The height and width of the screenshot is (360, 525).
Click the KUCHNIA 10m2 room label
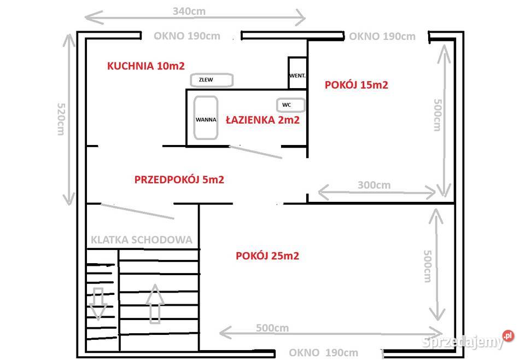[x=138, y=66]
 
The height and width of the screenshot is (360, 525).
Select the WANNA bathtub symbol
[x=206, y=119]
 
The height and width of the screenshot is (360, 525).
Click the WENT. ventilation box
[x=297, y=73]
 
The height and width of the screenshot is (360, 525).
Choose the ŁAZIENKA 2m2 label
[x=263, y=120]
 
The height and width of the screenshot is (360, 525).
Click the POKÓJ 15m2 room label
[x=357, y=85]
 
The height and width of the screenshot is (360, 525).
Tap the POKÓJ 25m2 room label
[x=267, y=256]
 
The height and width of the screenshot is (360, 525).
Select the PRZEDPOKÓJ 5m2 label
[x=179, y=179]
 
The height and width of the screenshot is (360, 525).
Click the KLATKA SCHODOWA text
[x=141, y=240]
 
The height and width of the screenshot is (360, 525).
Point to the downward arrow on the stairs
[x=98, y=301]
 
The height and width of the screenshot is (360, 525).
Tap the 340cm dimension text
[x=189, y=10]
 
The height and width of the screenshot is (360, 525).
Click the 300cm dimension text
[x=375, y=185]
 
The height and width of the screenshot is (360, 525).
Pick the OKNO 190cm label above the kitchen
[x=187, y=36]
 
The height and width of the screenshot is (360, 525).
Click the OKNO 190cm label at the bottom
[x=324, y=352]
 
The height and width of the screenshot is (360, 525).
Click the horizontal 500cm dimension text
[x=272, y=328]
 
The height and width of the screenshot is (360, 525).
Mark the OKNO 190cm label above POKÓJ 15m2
[x=382, y=37]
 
